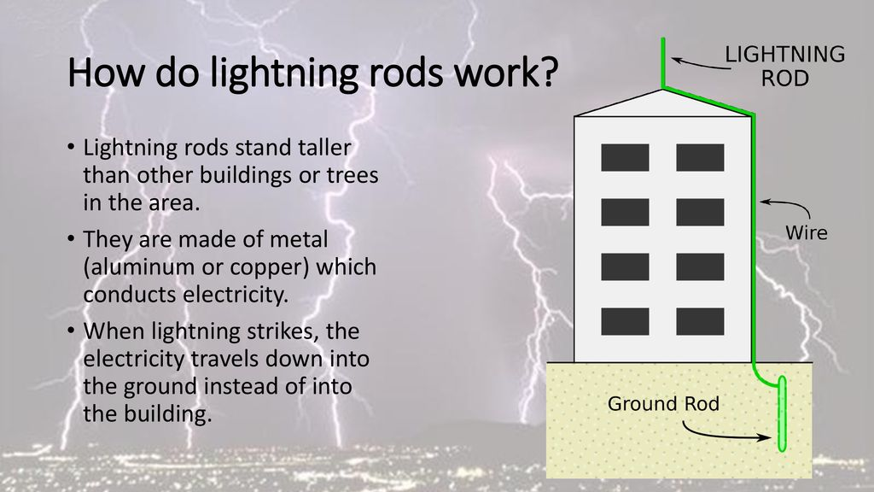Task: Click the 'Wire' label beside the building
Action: pos(806,232)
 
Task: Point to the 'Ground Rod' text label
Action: pos(663,403)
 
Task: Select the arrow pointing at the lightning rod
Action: pos(701,63)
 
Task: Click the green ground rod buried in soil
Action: pos(782,413)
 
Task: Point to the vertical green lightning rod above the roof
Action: pos(662,62)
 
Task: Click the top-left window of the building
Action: pos(625,157)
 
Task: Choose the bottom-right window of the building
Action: pos(700,321)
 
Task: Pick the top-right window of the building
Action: pos(700,157)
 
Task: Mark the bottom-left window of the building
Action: pos(625,321)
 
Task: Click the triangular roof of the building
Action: pos(663,106)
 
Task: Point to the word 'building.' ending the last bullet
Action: pos(148,414)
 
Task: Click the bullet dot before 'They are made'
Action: pos(71,239)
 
